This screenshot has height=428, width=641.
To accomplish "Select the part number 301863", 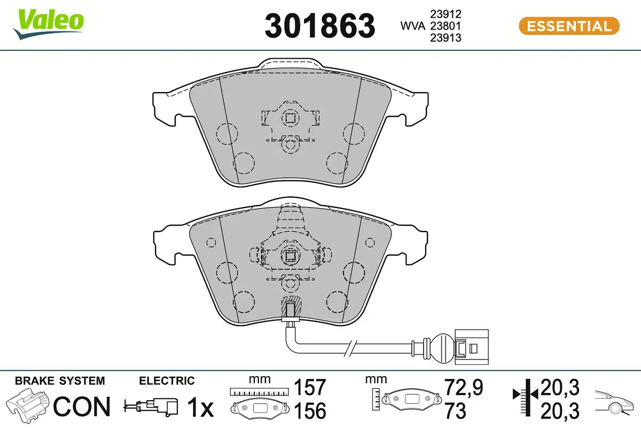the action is coord(319,26).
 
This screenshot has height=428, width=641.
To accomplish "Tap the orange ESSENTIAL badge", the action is coord(569,26).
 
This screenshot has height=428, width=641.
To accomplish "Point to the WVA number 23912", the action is coord(445,14).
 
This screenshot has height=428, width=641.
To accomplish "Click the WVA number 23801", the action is coord(445,26).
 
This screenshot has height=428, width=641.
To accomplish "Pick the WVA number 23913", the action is coord(445,38).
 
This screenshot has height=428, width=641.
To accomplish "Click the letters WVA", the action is coord(412,26).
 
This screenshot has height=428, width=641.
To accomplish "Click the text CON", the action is coord(82,407).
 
